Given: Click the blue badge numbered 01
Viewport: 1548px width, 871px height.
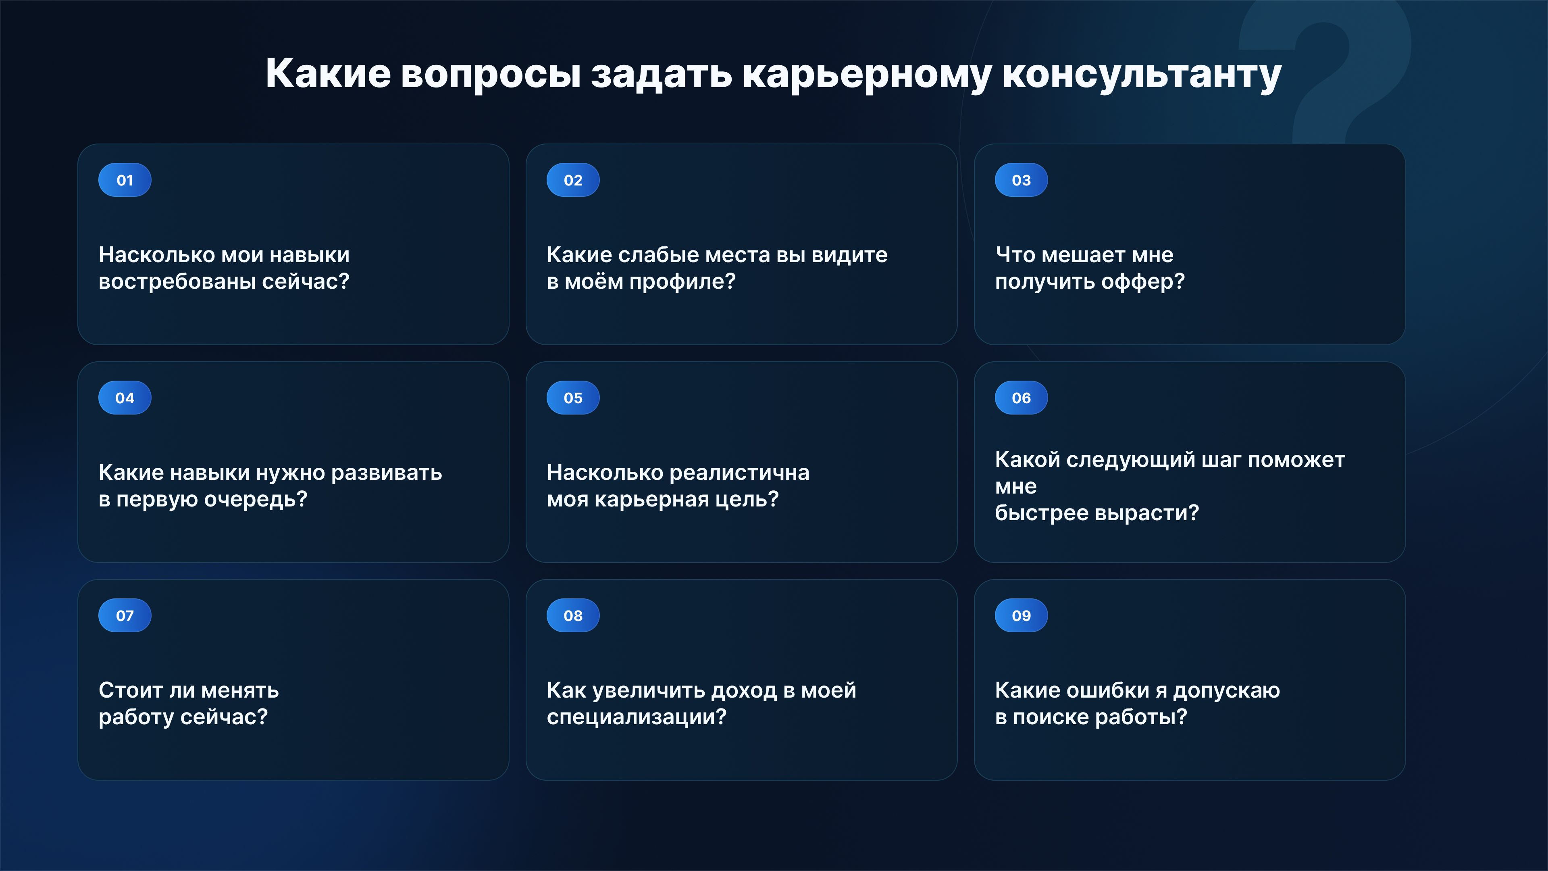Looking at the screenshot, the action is (x=125, y=180).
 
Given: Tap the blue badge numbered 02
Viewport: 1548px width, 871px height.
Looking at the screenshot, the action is (x=573, y=180).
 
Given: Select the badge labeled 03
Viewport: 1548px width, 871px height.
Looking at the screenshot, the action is (x=1022, y=180).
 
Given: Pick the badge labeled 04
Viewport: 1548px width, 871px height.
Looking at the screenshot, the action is (x=125, y=397).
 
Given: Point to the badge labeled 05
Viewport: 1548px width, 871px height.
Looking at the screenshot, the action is (x=573, y=397).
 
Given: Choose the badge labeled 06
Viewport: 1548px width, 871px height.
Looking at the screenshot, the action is (x=1022, y=397).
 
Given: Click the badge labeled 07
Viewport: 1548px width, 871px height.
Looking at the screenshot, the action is (x=125, y=615).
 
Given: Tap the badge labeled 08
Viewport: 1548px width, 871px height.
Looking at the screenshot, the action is (x=573, y=615).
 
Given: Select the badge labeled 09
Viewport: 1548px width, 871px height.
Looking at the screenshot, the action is (x=1022, y=615).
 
